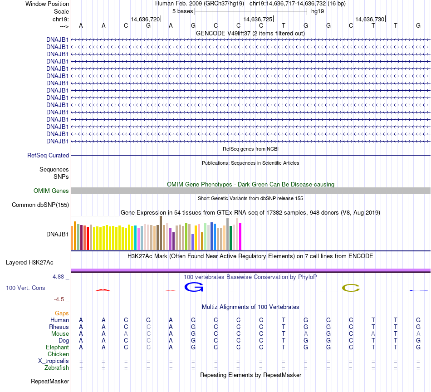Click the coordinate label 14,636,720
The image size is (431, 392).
[145, 20]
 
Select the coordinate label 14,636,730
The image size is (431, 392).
[370, 20]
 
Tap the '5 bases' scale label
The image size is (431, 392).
[182, 11]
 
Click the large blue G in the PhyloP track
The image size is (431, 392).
[194, 287]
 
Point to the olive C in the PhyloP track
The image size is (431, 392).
[351, 288]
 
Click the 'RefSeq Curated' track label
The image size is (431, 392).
[48, 155]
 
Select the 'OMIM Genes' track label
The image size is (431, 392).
[51, 191]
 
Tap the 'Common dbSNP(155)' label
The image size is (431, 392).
[40, 205]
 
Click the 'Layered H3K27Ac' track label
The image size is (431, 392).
[29, 263]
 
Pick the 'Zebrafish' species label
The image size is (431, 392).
[57, 368]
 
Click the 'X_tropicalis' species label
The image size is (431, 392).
[54, 361]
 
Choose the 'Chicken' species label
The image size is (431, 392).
[58, 354]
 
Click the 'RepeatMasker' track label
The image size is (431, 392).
[50, 382]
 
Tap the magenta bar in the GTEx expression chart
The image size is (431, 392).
[240, 236]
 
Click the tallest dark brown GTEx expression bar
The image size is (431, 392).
[161, 233]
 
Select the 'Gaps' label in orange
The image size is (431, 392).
[62, 314]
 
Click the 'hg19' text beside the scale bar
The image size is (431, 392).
[318, 11]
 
